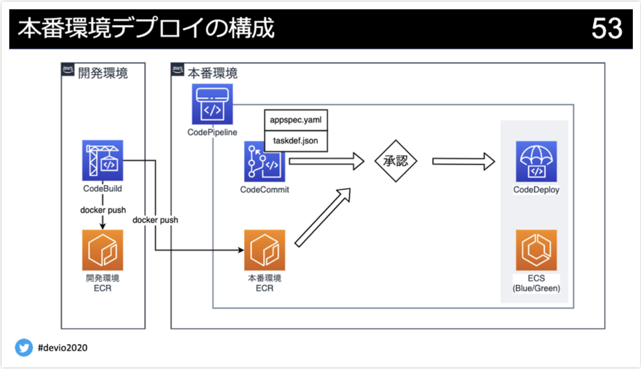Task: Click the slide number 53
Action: click(x=606, y=29)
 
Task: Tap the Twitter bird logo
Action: click(x=24, y=348)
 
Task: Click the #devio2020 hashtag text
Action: click(x=63, y=348)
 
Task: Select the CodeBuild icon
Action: click(x=102, y=160)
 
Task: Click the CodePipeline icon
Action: click(x=212, y=104)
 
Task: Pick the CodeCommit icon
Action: click(x=264, y=161)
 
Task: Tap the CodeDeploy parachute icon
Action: click(x=536, y=161)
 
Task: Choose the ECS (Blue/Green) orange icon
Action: click(x=536, y=250)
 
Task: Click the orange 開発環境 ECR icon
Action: click(x=102, y=250)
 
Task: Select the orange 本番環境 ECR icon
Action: click(x=264, y=250)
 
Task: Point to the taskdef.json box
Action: click(x=295, y=141)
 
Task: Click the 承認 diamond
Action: click(x=396, y=161)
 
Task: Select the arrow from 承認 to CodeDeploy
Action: click(x=463, y=161)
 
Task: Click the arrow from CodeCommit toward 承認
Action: click(x=326, y=161)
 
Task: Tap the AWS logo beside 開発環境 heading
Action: click(x=68, y=69)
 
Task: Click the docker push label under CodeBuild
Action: click(x=103, y=210)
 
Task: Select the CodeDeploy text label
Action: click(x=536, y=190)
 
